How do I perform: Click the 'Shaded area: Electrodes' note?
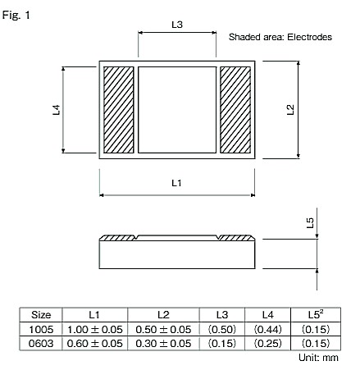[280, 38]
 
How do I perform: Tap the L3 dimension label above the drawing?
[176, 25]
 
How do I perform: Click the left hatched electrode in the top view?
[119, 110]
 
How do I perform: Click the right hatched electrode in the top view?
[235, 110]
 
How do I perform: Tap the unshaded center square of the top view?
[176, 110]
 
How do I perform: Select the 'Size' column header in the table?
[41, 315]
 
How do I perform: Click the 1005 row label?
[41, 329]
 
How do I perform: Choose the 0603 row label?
[41, 343]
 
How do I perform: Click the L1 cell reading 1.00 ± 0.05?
[94, 329]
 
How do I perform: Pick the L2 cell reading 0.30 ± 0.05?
[162, 343]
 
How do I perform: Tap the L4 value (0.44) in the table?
[267, 329]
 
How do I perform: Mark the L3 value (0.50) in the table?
[221, 329]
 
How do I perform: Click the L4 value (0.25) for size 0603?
[267, 343]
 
